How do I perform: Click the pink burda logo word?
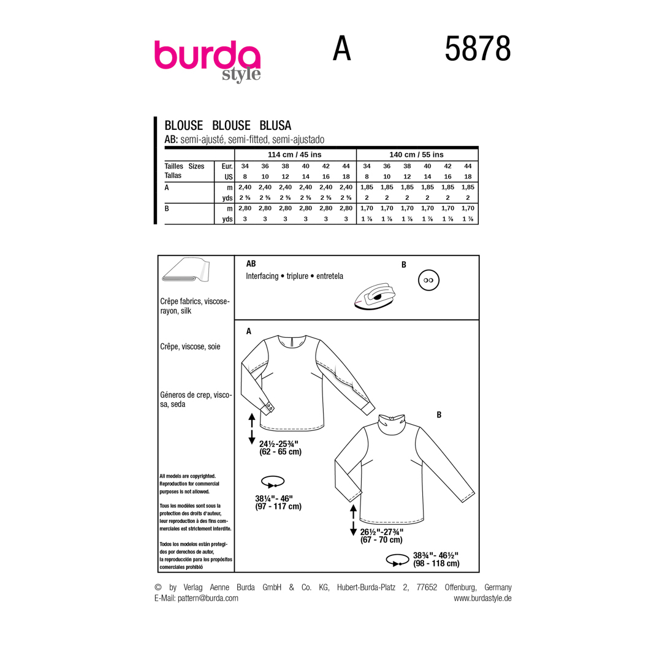(x=207, y=55)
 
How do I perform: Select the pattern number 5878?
(x=477, y=49)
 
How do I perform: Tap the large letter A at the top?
(x=341, y=48)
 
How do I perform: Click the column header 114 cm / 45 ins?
(x=295, y=154)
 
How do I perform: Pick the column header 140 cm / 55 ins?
(x=416, y=154)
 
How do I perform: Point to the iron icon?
(x=375, y=297)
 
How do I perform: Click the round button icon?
(x=428, y=280)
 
